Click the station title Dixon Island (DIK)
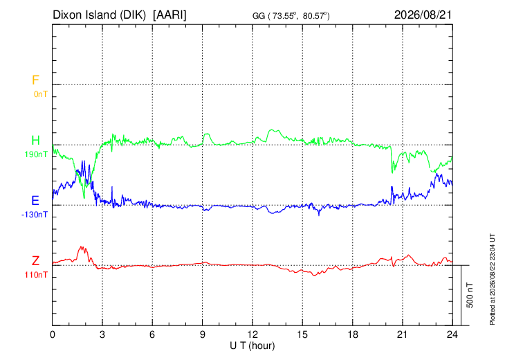[99, 15]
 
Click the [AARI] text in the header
[169, 15]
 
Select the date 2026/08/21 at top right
[423, 15]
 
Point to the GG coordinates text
[291, 16]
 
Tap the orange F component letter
[35, 80]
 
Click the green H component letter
[35, 141]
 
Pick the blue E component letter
[35, 201]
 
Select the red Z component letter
[35, 261]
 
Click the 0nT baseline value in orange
[41, 94]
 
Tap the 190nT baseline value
[36, 154]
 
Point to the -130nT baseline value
[35, 215]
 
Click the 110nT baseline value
[36, 275]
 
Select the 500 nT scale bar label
[470, 295]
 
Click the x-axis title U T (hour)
[252, 346]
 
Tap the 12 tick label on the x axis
[252, 334]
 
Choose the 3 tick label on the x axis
[102, 334]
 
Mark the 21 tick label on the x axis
[402, 334]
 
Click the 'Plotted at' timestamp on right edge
[492, 279]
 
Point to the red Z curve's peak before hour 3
[82, 246]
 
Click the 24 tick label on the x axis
[452, 334]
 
